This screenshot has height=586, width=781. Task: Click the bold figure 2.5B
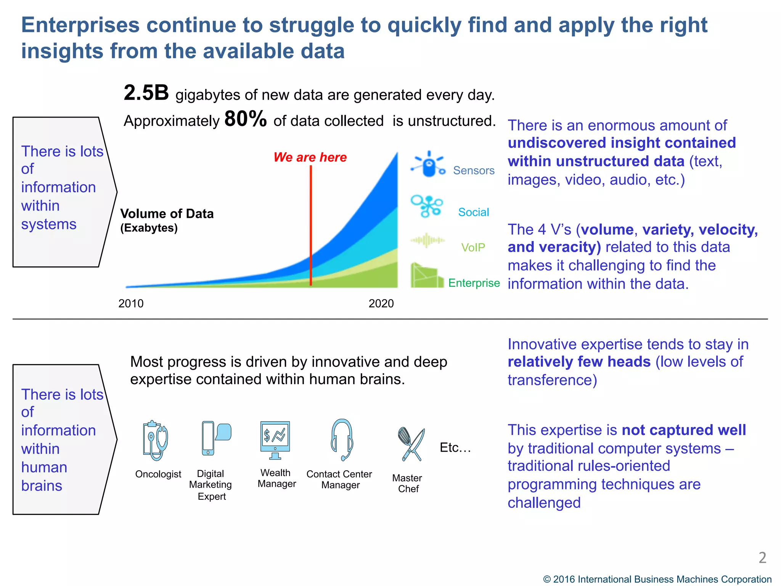point(146,93)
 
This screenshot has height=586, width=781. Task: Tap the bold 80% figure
point(245,119)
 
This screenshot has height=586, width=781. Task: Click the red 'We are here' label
point(310,157)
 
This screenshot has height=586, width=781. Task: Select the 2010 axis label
point(131,304)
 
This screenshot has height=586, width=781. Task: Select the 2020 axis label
point(381,304)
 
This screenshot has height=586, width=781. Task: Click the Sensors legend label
point(473,171)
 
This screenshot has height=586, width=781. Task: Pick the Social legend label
point(473,212)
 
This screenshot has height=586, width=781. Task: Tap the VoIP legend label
point(473,248)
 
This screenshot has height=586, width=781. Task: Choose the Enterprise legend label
point(474,283)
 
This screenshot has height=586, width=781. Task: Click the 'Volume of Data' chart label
point(167,214)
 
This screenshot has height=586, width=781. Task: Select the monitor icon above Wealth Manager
point(275,440)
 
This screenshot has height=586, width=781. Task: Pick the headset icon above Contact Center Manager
point(342,440)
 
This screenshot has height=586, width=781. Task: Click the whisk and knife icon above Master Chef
point(411,444)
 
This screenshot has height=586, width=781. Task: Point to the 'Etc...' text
point(455,448)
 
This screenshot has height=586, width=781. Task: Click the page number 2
point(762,558)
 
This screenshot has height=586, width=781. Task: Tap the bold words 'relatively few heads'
point(579,362)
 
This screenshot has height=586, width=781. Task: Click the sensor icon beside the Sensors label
point(429,165)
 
